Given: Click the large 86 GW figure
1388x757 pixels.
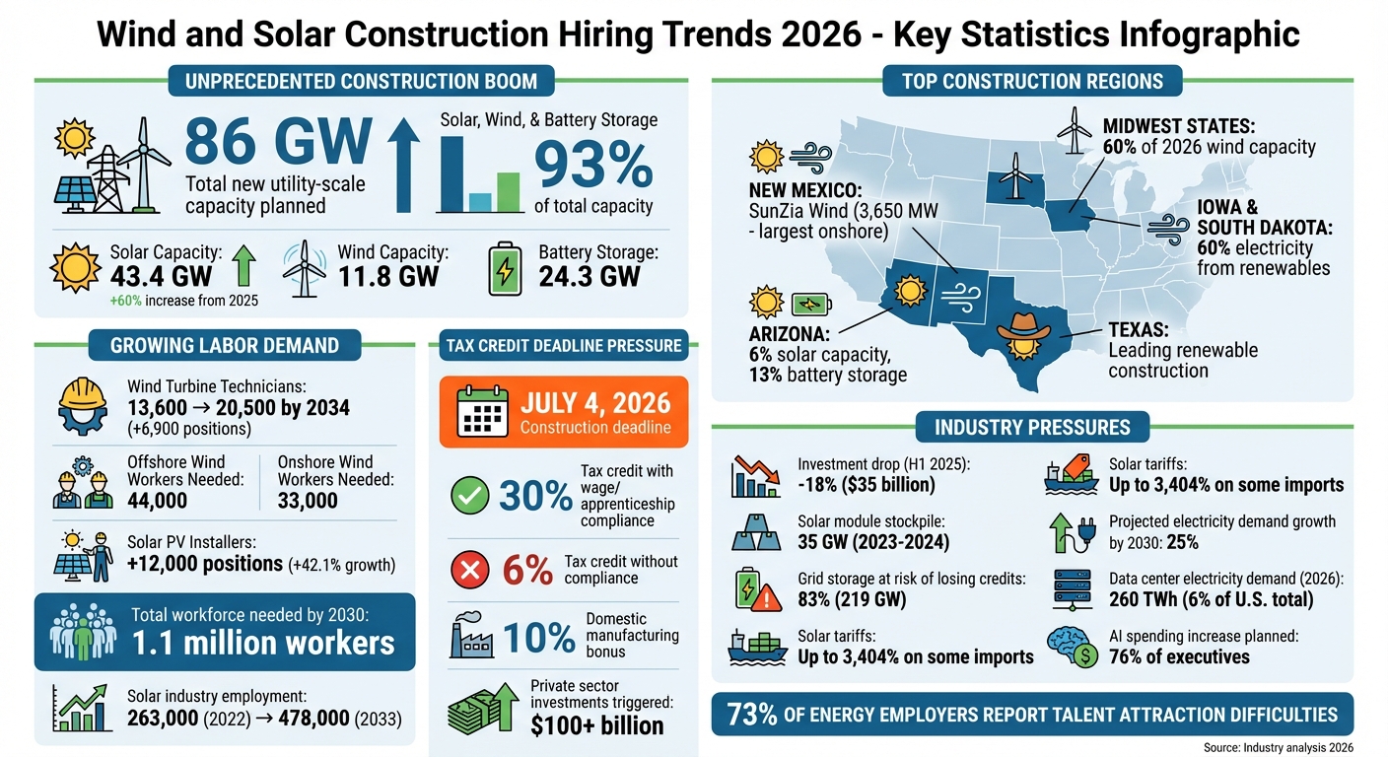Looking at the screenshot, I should click(x=278, y=143).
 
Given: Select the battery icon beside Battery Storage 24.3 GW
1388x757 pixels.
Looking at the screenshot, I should click(x=508, y=269).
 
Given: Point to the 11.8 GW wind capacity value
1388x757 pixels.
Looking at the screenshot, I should click(x=387, y=275).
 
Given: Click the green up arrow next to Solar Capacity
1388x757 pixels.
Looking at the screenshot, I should click(x=243, y=266).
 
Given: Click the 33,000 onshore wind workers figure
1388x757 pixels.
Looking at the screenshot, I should click(x=308, y=500).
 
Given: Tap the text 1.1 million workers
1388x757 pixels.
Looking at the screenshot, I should click(x=263, y=643).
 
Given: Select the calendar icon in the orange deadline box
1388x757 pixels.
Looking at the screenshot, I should click(x=482, y=412).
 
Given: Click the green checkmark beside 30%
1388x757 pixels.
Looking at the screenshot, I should click(x=468, y=496).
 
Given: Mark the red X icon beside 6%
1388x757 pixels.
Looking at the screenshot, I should click(x=468, y=570).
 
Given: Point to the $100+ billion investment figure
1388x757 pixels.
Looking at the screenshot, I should click(x=596, y=725).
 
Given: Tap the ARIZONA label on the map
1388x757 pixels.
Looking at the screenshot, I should click(x=788, y=335).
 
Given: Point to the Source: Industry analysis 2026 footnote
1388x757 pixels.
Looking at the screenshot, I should click(x=1278, y=748).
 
